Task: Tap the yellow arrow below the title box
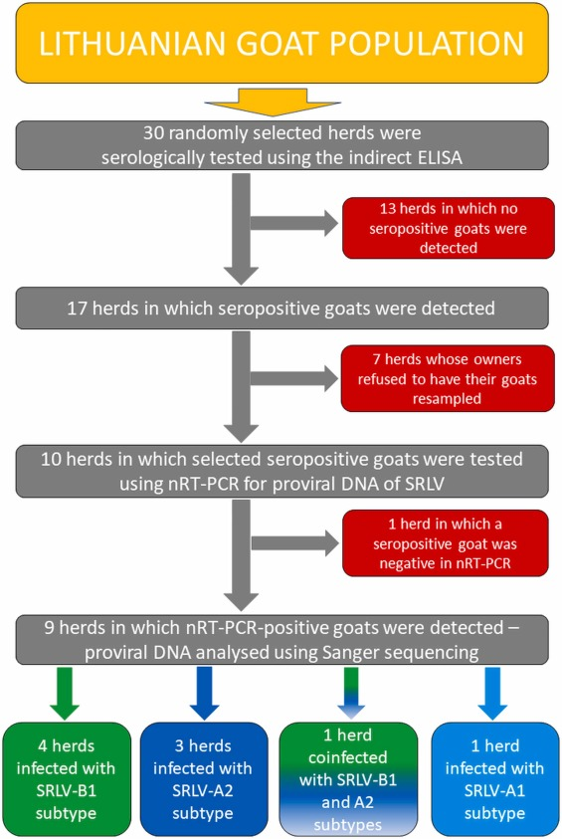coord(273,103)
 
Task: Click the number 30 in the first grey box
coord(153,132)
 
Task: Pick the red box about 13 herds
coord(448,228)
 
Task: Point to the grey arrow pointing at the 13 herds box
coord(294,223)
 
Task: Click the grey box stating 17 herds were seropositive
coord(281,309)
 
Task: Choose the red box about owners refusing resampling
coord(448,379)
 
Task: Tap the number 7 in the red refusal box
coord(377,359)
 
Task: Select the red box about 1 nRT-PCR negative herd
coord(445,543)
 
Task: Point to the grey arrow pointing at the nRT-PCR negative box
coord(294,543)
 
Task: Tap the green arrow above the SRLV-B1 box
coord(65,694)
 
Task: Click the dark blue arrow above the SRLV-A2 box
coord(204,694)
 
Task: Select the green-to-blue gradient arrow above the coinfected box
coord(351,693)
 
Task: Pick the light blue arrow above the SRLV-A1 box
coord(492,694)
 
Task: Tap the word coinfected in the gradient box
coord(347,757)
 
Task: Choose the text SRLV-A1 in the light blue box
coord(494,791)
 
